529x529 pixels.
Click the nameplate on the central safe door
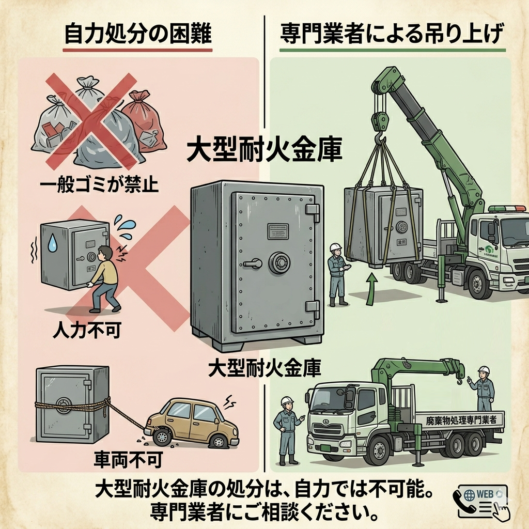tap(278, 231)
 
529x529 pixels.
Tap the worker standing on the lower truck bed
tap(483, 387)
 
